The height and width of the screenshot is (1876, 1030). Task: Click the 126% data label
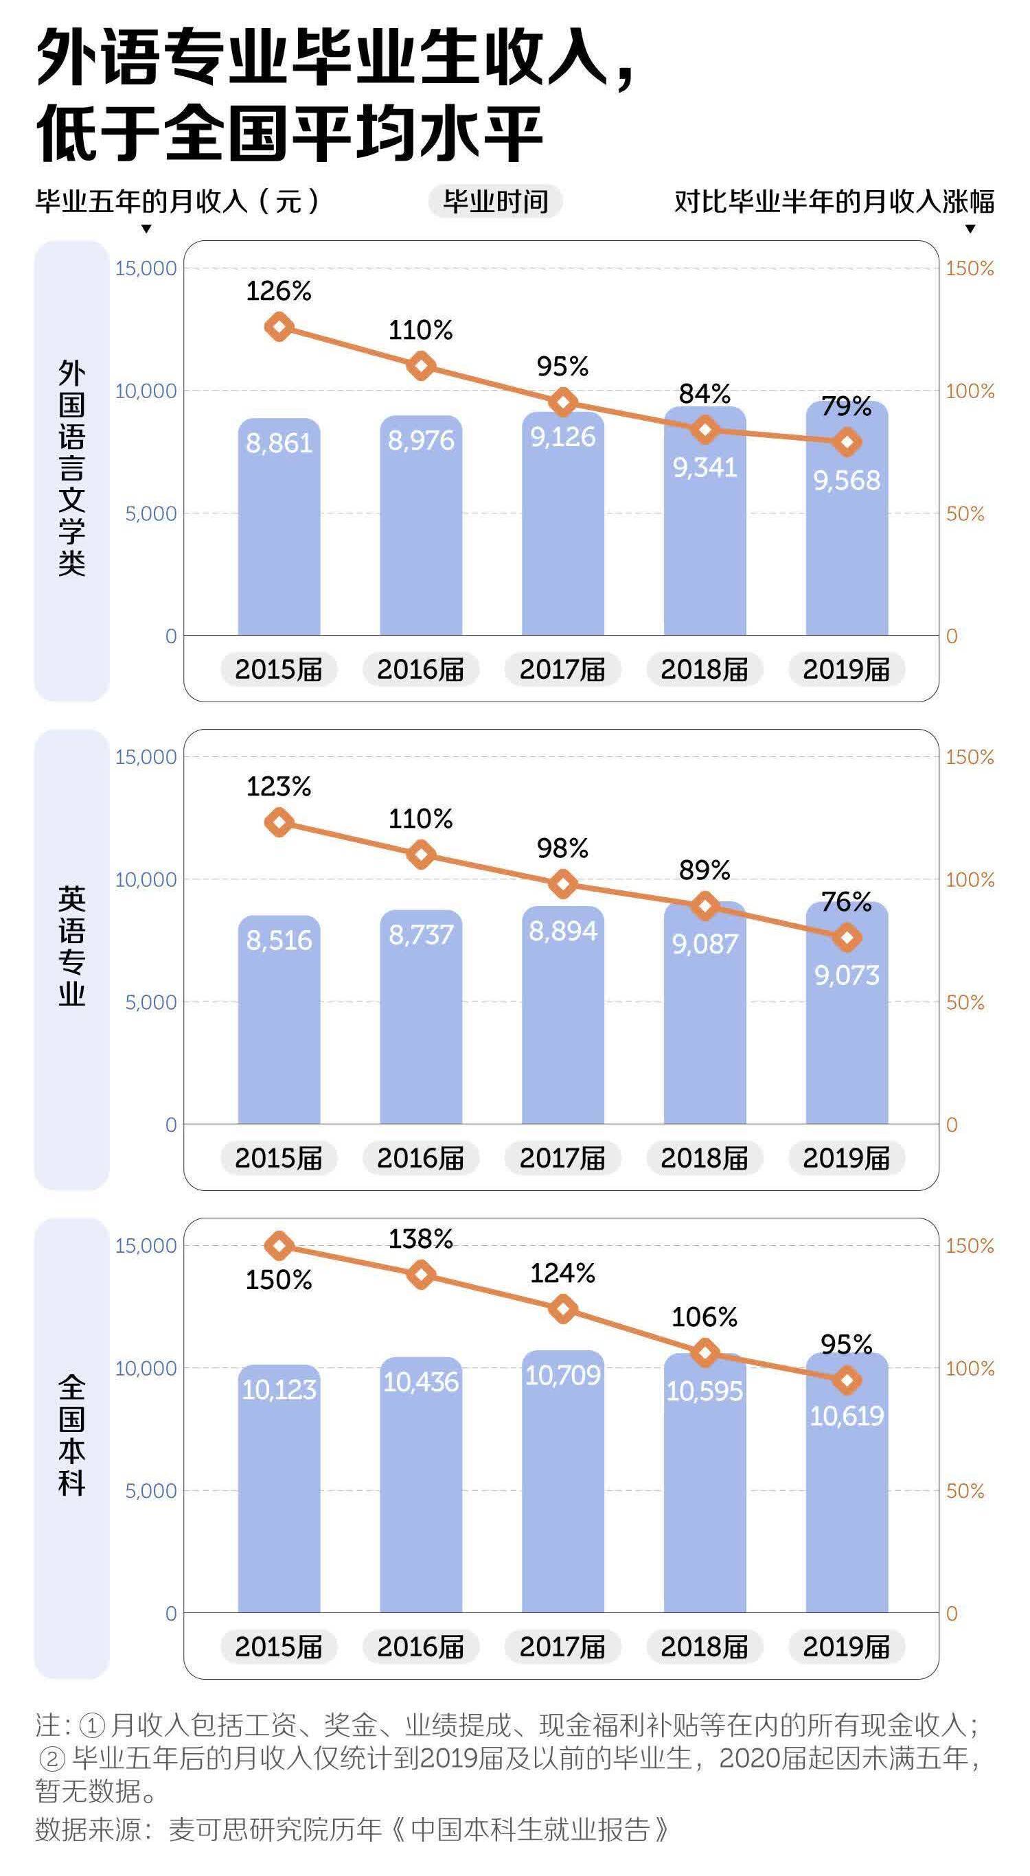coord(278,291)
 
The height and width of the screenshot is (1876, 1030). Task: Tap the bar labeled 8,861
coord(279,531)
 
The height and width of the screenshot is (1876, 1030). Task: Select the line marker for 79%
coord(847,442)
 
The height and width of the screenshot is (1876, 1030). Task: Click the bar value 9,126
coord(562,437)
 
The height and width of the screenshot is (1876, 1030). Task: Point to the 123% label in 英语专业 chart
coord(278,787)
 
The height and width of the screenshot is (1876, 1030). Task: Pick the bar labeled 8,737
coord(421,1019)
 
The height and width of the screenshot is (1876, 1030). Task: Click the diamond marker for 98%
coord(562,884)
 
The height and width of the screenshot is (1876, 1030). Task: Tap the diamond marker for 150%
coord(279,1246)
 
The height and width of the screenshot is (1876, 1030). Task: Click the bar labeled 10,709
coord(562,1485)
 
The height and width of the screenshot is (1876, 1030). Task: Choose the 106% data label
coord(705,1317)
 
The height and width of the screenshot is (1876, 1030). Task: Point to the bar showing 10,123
coord(279,1493)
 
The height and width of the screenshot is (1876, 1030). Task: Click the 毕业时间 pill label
coord(495,202)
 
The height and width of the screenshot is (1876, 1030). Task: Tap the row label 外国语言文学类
coord(71,470)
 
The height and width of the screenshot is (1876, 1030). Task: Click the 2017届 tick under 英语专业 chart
coord(562,1158)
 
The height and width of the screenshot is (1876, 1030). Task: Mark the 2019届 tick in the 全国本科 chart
coord(847,1647)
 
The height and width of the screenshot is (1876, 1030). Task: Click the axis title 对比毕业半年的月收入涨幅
coord(834,202)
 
